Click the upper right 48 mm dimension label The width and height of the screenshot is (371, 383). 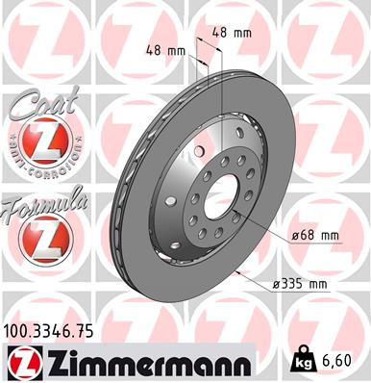[x=231, y=33]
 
